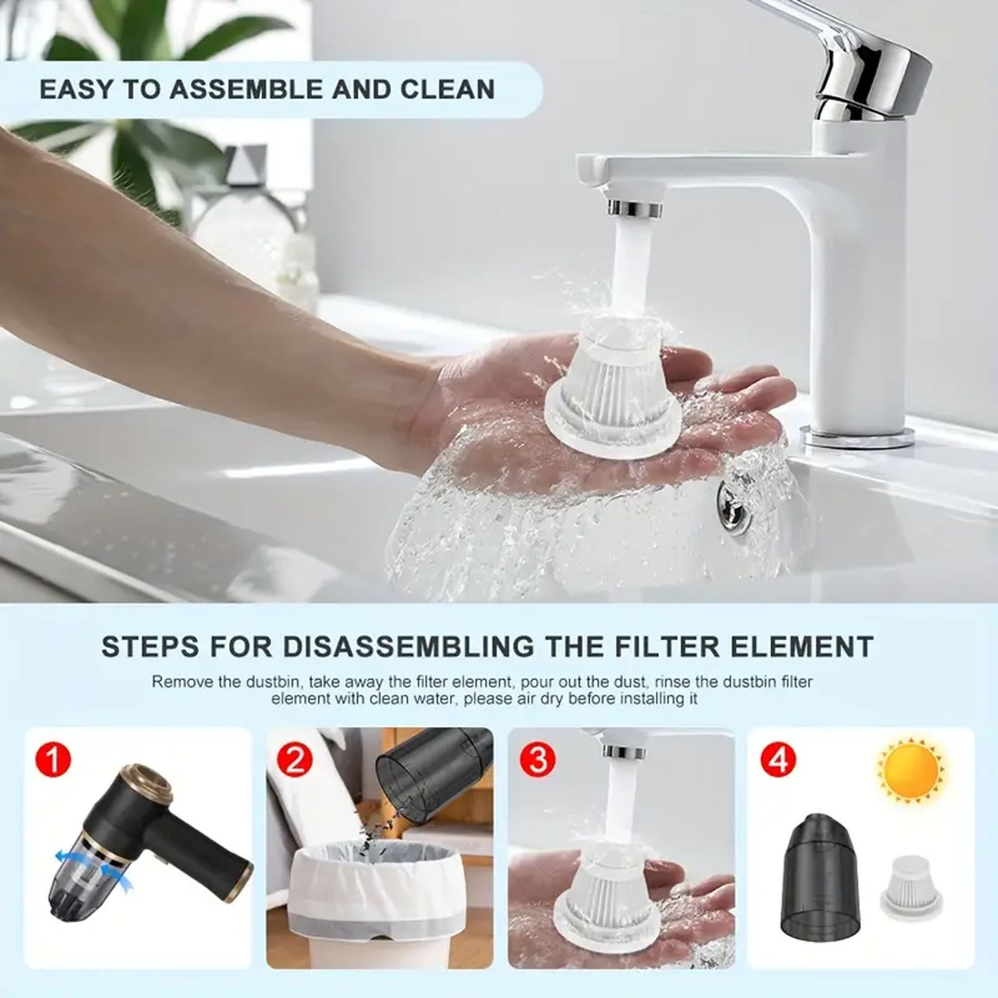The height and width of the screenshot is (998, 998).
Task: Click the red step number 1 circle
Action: pyautogui.click(x=54, y=761)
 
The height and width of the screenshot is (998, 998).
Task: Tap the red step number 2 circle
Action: pyautogui.click(x=294, y=761)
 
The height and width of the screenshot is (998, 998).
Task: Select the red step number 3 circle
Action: pyautogui.click(x=537, y=761)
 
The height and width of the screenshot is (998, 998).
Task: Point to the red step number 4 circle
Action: pyautogui.click(x=779, y=761)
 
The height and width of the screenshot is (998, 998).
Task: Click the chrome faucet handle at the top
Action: pyautogui.click(x=852, y=62)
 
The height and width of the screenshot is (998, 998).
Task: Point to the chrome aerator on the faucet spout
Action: pyautogui.click(x=635, y=209)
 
